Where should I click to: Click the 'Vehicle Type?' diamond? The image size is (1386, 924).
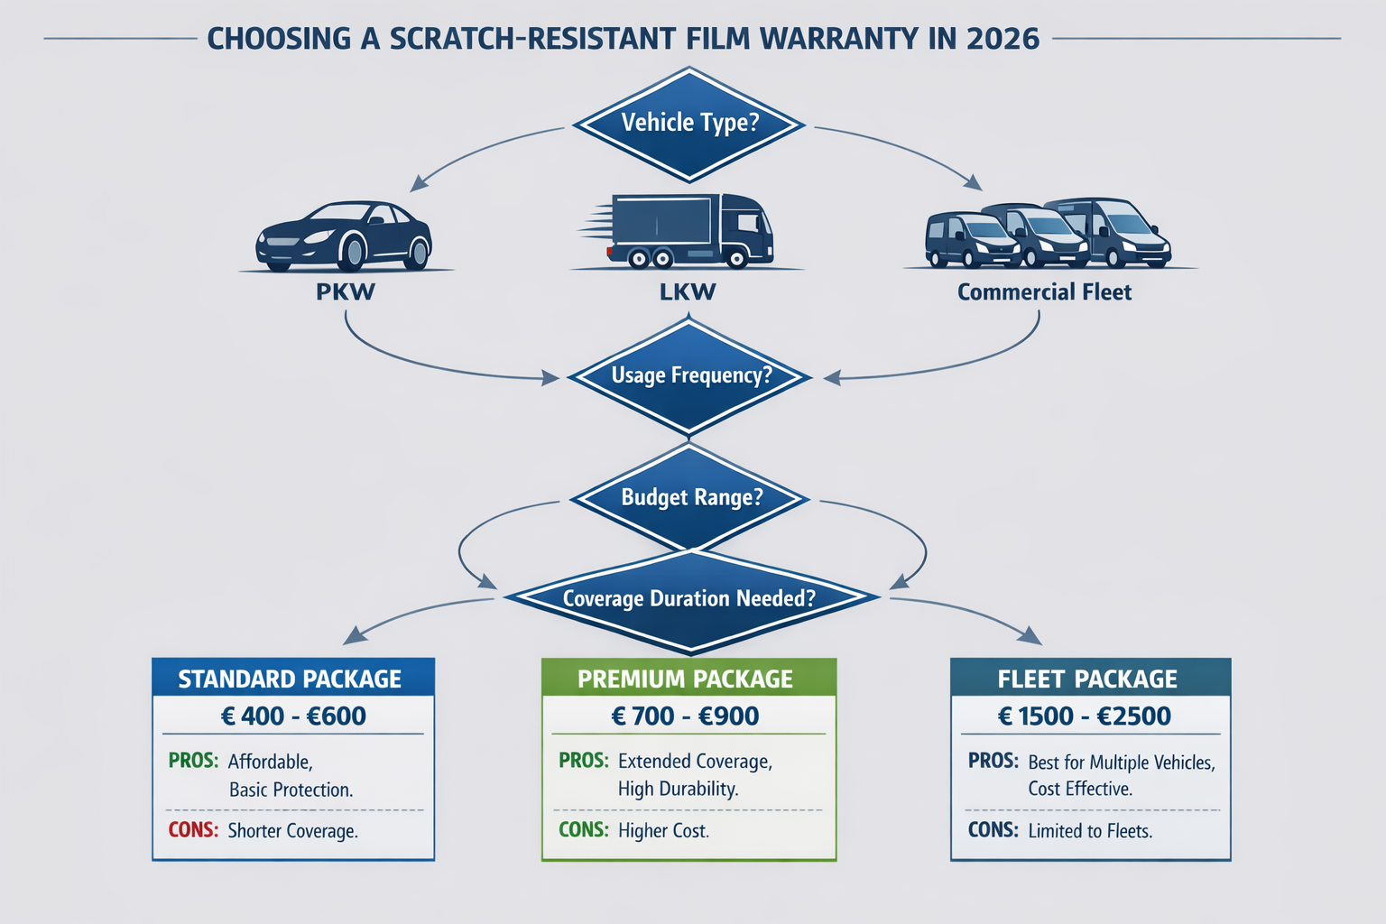click(689, 124)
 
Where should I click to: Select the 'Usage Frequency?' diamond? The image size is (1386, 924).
click(690, 375)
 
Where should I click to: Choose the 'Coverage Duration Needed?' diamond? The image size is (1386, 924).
click(689, 598)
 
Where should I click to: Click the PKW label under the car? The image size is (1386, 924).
click(345, 292)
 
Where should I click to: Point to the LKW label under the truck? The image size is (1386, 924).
click(688, 292)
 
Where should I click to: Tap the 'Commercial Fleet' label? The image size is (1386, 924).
click(1044, 292)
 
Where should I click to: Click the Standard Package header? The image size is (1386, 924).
click(291, 679)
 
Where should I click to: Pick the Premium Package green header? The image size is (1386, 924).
click(686, 679)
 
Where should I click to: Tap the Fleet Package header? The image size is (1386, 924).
click(1087, 679)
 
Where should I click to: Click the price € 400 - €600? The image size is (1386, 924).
click(293, 716)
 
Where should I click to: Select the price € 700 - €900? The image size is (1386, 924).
click(686, 716)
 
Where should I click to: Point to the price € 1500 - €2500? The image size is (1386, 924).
click(1085, 716)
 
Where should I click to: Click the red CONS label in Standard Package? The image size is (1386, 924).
click(193, 830)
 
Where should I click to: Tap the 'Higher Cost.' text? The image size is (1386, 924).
click(663, 831)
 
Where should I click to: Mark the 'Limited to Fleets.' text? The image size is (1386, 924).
click(1090, 831)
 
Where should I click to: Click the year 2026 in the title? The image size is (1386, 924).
click(1003, 39)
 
